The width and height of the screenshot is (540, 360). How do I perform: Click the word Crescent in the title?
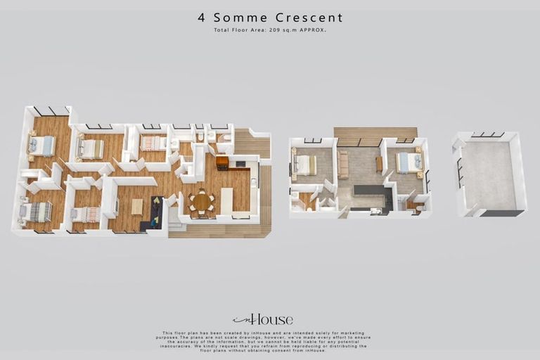click(x=310, y=18)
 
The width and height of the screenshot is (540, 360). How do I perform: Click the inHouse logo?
click(x=263, y=319)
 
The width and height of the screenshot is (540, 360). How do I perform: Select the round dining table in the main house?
click(x=202, y=202)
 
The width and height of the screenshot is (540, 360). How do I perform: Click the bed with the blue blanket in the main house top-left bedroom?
click(x=41, y=146)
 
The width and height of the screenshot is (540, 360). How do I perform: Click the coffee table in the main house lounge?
click(x=137, y=206)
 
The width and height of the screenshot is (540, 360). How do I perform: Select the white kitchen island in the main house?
click(x=227, y=200)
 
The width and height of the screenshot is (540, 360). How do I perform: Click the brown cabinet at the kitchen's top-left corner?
click(x=222, y=163)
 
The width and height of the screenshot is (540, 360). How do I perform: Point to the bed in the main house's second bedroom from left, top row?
click(x=90, y=149)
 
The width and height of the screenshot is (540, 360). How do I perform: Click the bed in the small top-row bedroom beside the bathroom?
click(x=153, y=143)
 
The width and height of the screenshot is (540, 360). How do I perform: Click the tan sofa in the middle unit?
click(x=343, y=165)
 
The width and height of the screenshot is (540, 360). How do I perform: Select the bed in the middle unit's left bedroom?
click(x=304, y=165)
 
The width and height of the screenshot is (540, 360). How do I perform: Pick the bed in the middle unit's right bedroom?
click(x=409, y=162)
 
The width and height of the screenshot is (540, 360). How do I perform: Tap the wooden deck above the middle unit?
click(x=375, y=132)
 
